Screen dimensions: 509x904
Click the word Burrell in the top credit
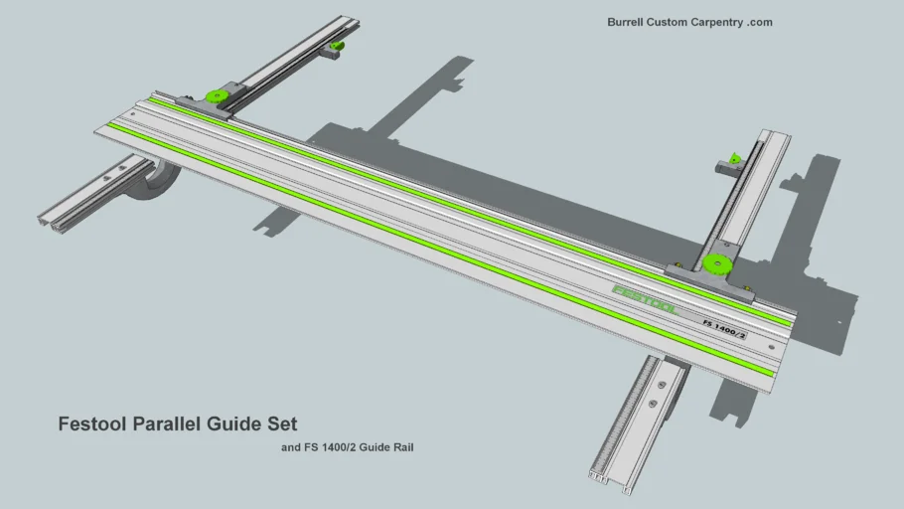coord(628,22)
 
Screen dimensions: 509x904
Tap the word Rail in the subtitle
coord(402,447)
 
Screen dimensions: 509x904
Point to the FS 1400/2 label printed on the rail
coord(724,329)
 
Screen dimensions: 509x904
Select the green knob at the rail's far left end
coord(214,96)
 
